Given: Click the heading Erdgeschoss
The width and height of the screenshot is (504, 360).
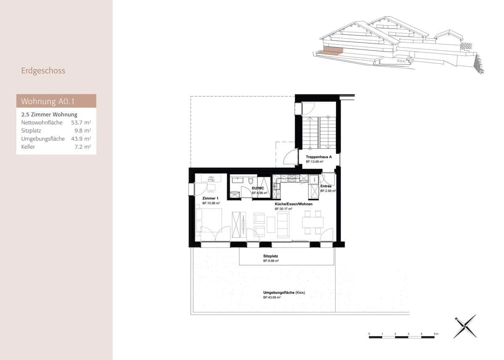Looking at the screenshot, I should click(x=43, y=71).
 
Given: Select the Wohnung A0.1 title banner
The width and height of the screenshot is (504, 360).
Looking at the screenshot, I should click(x=56, y=101).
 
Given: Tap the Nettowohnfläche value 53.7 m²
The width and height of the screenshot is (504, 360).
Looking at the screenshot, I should click(x=81, y=123).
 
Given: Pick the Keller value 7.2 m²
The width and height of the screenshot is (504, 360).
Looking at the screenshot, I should click(x=83, y=147).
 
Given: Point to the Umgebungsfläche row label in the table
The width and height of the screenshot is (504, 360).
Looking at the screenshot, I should click(x=43, y=139).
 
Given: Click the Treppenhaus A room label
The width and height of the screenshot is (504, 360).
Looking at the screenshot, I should click(x=319, y=157).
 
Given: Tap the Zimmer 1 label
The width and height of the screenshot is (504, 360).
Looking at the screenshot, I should click(x=210, y=198).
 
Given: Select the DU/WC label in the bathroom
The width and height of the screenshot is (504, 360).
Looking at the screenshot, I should click(x=257, y=189).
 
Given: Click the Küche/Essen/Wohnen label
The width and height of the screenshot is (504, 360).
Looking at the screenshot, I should click(x=294, y=204).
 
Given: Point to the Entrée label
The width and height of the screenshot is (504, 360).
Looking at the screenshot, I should click(x=326, y=186).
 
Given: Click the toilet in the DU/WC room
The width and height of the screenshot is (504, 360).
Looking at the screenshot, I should click(x=251, y=181).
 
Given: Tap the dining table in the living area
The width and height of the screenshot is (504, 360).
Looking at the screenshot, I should click(x=313, y=222).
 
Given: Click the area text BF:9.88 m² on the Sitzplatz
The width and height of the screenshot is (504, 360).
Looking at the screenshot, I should click(x=271, y=261).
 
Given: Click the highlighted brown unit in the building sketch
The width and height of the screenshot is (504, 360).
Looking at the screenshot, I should click(x=331, y=51).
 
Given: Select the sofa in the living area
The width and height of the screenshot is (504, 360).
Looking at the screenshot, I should click(x=283, y=222).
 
